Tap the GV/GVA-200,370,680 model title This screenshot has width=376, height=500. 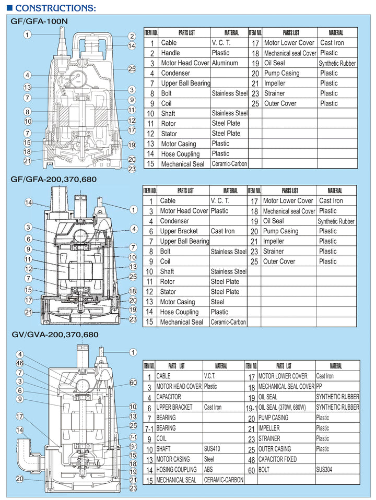pos(54,335)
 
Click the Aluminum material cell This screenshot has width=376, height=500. pos(225,63)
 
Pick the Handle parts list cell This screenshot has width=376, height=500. pos(170,53)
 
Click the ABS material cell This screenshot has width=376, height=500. pos(208,469)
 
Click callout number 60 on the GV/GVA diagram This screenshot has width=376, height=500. pos(133,383)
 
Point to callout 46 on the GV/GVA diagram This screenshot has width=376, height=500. pos(20,363)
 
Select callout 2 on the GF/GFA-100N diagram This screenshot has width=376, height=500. pos(132,36)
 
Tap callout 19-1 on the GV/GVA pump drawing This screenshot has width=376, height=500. pos(133,446)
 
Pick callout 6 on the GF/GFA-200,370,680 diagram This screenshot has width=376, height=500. pos(28,239)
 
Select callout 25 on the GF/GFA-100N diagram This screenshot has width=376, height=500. pos(132,69)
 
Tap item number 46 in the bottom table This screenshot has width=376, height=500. pos(251,459)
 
